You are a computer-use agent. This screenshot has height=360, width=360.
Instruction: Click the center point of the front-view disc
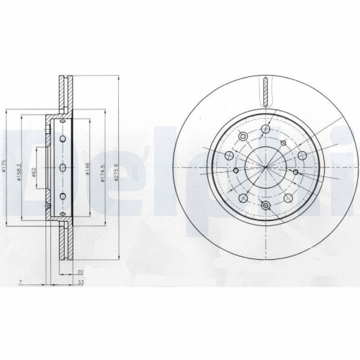click(265, 167)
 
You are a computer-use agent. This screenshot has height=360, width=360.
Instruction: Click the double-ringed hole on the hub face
click(265, 207)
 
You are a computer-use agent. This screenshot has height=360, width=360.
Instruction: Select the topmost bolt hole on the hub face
click(265, 129)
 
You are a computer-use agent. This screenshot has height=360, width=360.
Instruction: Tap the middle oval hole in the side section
click(63, 167)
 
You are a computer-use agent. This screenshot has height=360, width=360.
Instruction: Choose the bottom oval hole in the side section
click(63, 197)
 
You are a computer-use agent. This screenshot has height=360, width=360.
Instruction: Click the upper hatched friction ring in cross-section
click(63, 94)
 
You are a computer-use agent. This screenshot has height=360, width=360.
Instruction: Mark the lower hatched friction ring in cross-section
click(63, 241)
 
